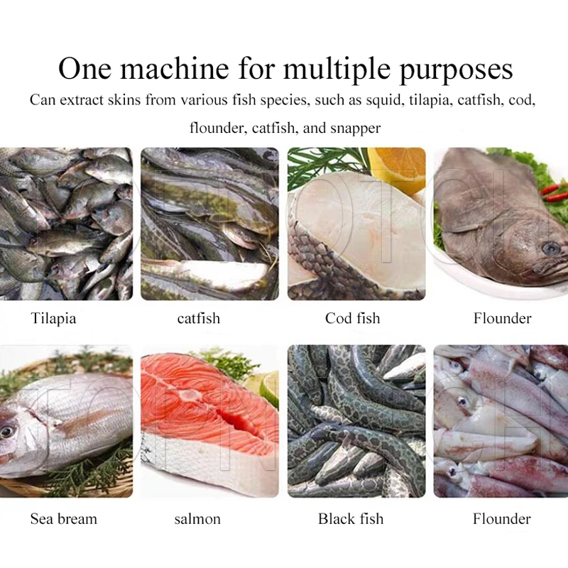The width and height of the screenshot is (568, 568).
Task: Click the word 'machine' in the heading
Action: [175, 68]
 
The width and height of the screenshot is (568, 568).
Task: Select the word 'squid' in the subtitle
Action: [385, 100]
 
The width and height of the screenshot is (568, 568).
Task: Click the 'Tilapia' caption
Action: [54, 318]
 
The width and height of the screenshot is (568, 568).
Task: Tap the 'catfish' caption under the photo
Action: [199, 318]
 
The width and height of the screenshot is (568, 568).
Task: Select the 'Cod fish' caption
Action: [352, 318]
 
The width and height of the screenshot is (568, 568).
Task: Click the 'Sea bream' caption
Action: [64, 519]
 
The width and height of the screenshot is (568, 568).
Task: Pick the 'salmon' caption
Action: [197, 519]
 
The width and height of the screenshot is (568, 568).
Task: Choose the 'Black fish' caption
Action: [351, 519]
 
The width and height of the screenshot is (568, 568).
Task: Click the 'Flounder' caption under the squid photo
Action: [502, 519]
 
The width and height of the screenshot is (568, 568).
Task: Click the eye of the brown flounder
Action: [552, 248]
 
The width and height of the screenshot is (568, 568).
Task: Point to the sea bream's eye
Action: [7, 432]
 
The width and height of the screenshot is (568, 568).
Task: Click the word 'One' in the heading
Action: [84, 68]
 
